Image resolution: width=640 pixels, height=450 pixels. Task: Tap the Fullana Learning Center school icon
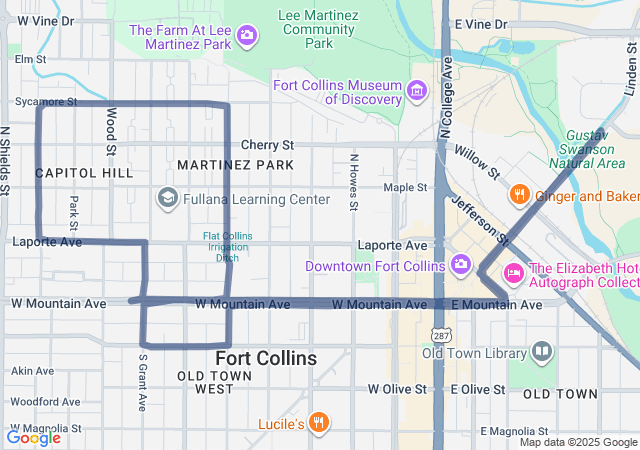[167, 199]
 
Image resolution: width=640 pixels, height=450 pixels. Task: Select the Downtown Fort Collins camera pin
[460, 265]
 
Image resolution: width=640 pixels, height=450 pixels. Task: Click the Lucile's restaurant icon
[318, 422]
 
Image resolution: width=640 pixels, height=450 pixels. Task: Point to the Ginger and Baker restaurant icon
[518, 194]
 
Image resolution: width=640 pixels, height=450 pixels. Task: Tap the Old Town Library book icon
[541, 352]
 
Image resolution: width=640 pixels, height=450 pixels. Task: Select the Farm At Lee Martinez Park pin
[247, 38]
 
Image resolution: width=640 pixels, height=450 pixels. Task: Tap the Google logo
[33, 437]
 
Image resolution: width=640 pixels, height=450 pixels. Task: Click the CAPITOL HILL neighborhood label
[84, 173]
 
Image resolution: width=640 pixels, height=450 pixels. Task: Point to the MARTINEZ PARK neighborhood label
[235, 164]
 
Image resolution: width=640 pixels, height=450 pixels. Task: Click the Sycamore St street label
[46, 102]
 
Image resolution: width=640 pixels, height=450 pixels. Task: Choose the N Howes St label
[353, 182]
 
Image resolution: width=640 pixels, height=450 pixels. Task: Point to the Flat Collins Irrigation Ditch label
[221, 247]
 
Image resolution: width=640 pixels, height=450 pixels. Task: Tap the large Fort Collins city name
[266, 358]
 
